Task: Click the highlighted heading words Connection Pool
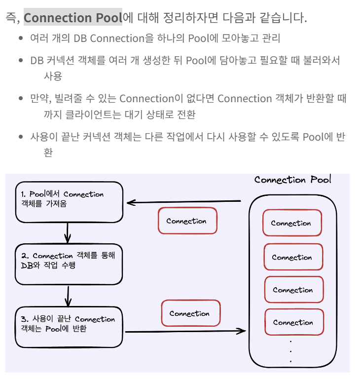click(72, 18)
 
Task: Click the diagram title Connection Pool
click(292, 180)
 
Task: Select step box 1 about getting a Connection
click(69, 202)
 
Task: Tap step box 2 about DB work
click(69, 264)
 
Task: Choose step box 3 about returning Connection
click(69, 327)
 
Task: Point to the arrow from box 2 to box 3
click(69, 296)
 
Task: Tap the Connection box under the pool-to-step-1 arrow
click(186, 221)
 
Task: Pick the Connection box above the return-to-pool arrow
click(190, 313)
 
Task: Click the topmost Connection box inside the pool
click(291, 223)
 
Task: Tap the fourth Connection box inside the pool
click(293, 322)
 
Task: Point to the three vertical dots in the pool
click(290, 351)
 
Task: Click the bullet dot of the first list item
click(21, 38)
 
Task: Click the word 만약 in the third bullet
click(38, 98)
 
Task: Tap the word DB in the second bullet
click(37, 61)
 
